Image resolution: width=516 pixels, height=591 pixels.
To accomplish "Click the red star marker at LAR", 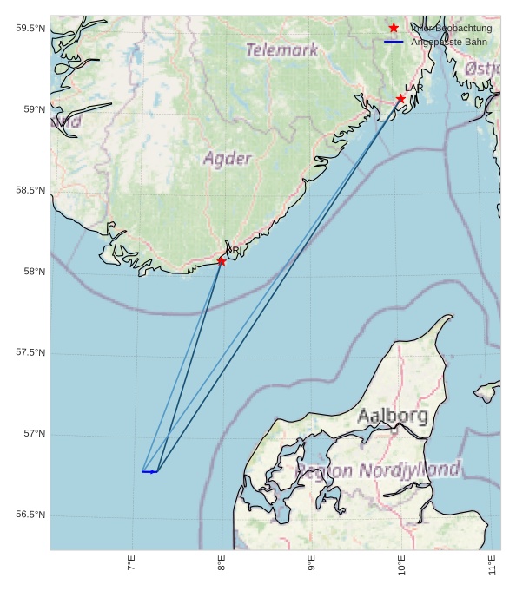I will [400, 99].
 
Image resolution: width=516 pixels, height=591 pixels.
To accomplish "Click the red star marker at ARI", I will [222, 260].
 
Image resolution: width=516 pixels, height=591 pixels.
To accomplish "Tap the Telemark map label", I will [281, 50].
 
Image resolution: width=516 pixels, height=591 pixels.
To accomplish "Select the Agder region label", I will [228, 159].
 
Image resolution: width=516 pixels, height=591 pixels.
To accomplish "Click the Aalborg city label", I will [393, 417].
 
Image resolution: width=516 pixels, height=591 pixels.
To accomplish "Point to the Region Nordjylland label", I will [379, 470].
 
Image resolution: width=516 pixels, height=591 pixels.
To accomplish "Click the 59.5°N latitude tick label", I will [30, 29].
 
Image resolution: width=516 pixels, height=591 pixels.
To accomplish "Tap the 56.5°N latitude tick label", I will [30, 515].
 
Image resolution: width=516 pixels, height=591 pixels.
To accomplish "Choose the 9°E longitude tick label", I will [312, 563].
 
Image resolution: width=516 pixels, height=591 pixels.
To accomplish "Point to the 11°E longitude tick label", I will [493, 563].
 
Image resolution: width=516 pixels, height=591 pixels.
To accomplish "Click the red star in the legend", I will [394, 28].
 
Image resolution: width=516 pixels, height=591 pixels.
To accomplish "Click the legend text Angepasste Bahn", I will [448, 42].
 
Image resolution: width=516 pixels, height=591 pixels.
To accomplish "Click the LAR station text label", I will [413, 88].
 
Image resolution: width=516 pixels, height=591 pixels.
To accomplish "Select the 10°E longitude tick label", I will [402, 563].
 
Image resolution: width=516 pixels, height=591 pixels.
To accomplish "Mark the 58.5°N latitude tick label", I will [30, 190].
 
